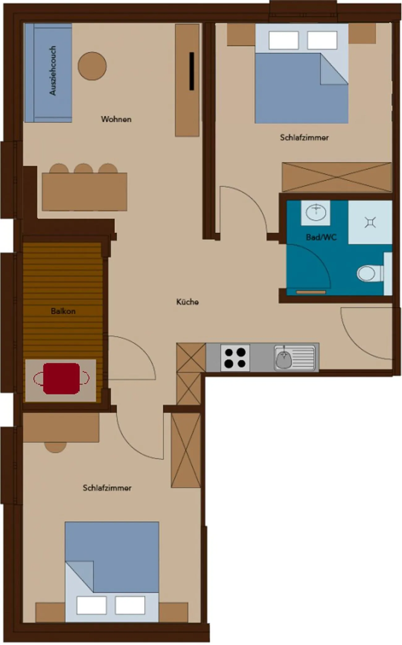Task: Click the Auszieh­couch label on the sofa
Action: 53,70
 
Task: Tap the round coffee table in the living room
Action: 92,66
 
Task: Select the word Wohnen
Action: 116,119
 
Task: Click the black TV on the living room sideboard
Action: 192,71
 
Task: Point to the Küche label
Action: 187,302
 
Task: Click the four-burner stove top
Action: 235,358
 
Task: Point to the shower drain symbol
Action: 370,222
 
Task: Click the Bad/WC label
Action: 321,237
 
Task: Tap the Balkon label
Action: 63,311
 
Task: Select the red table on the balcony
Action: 61,379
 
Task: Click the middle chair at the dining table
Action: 83,169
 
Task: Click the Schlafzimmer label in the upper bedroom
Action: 304,138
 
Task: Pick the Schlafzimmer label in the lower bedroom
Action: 107,488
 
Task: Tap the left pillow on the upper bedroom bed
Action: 284,40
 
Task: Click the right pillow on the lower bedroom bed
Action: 130,605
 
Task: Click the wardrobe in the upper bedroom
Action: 337,177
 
